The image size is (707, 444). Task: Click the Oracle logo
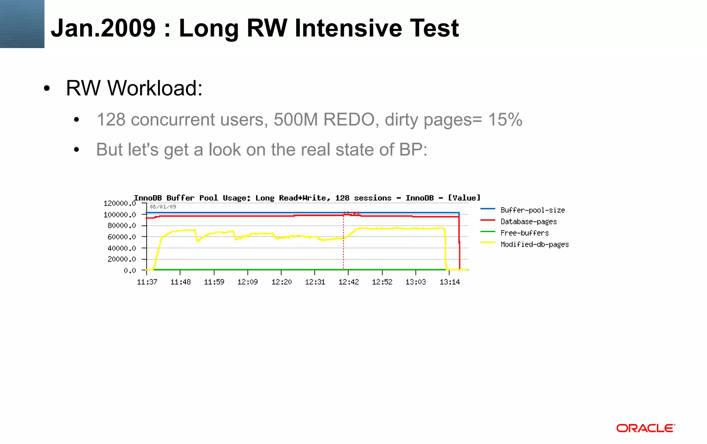point(645,428)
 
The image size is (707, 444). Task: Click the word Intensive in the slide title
point(348,28)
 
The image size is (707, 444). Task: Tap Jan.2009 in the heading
point(103,28)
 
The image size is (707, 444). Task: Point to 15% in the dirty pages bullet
point(505,120)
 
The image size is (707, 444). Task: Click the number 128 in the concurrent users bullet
point(111,120)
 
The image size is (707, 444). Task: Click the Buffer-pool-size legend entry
point(532,210)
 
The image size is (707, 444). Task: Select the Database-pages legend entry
point(529,221)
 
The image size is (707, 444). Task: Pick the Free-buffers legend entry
point(524,233)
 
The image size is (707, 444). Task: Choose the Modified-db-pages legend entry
point(534,244)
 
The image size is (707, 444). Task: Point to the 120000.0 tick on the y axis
point(119,203)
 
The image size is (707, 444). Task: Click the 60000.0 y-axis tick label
point(122,237)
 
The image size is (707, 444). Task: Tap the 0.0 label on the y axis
point(130,270)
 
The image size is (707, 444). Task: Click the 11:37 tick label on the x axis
point(147,282)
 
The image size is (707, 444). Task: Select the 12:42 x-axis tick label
point(348,282)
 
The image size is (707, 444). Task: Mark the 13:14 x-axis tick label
point(449,282)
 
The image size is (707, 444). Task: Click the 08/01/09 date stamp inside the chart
point(163,207)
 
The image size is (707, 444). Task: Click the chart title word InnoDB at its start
point(148,198)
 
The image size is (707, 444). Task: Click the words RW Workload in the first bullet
point(134,88)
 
